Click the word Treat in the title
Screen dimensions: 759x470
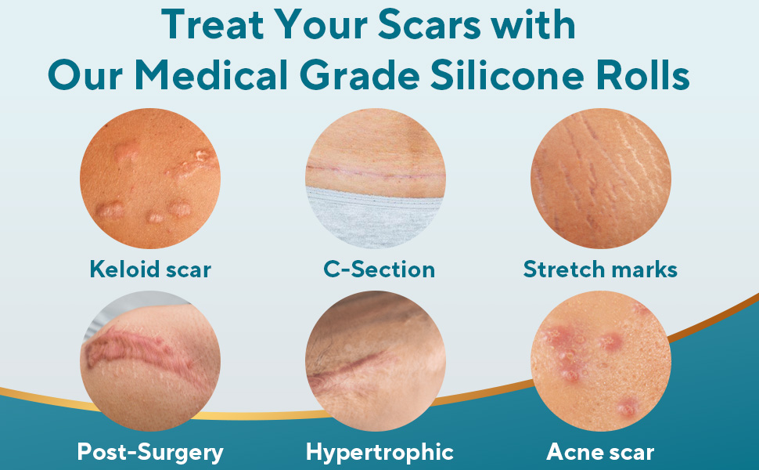213,24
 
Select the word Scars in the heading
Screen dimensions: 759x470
429,24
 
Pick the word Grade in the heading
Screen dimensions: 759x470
360,75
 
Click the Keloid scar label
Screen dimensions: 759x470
150,269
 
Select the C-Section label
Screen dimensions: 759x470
379,269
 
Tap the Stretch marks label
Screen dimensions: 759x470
600,269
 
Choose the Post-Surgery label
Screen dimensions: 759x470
150,452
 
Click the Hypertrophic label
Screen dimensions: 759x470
379,452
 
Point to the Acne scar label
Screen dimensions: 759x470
600,452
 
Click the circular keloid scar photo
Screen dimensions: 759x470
150,179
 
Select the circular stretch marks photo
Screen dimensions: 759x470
601,179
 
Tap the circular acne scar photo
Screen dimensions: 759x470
601,361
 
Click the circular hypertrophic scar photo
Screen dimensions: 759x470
376,361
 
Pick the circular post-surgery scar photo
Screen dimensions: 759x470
150,361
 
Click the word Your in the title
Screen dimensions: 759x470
321,24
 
